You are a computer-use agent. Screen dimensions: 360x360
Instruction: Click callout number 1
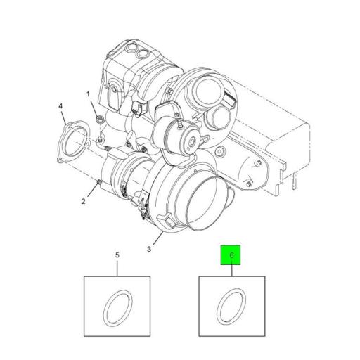tap(89, 94)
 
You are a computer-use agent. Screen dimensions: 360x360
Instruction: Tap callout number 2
tap(83, 202)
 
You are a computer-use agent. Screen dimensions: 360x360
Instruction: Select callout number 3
tap(149, 249)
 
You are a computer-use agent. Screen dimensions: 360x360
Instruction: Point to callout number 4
tap(60, 106)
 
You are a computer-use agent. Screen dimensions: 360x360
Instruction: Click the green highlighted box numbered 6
tap(231, 255)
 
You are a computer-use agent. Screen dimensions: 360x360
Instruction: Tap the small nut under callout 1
tap(98, 118)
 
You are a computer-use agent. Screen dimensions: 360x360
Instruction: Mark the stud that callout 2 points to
tap(98, 184)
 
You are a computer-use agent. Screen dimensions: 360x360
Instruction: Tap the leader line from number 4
tap(65, 117)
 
